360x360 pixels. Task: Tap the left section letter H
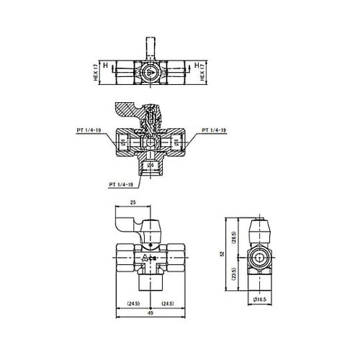click(x=106, y=66)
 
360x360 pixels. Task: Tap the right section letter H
click(x=197, y=66)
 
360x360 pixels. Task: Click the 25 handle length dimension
click(x=133, y=204)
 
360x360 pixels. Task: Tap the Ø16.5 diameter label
click(x=260, y=298)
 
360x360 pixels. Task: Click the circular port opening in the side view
click(x=259, y=257)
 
